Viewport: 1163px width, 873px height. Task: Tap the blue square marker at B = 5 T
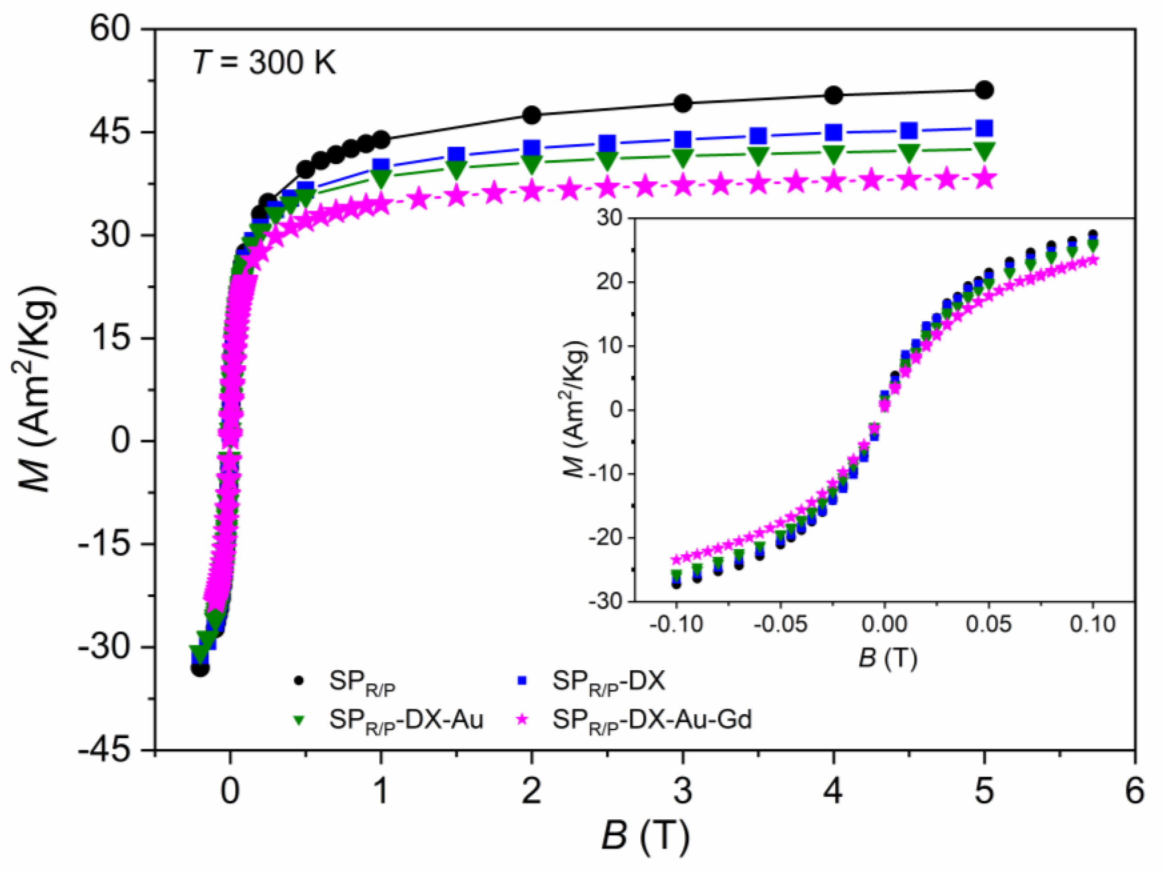point(984,128)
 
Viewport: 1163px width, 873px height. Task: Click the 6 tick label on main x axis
point(1135,791)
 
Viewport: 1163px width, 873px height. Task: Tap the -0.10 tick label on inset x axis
point(676,625)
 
